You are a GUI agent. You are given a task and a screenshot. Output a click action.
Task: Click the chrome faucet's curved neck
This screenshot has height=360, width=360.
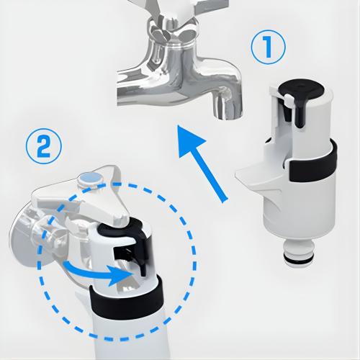tap(216, 79)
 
